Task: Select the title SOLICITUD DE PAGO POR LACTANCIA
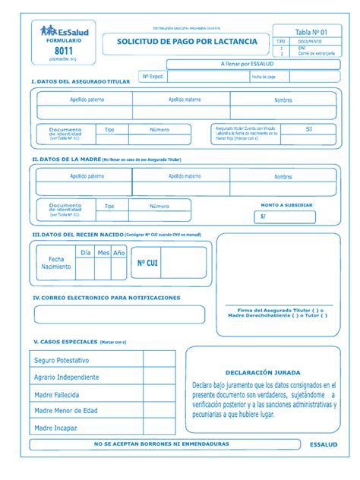coord(186,41)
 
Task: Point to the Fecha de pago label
coord(264,77)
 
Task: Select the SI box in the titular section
coord(308,130)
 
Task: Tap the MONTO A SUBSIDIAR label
coord(286,205)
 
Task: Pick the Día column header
coord(86,253)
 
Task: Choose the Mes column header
coord(103,253)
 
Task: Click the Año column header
coord(118,253)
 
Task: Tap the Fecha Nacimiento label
coord(57,263)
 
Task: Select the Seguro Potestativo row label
coord(62,359)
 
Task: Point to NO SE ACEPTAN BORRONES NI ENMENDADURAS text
coord(161,444)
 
